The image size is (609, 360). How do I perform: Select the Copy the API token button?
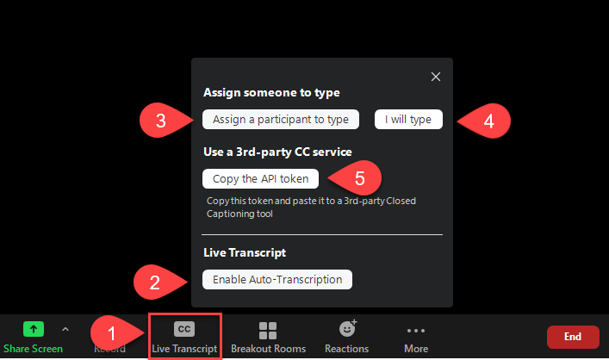point(261,178)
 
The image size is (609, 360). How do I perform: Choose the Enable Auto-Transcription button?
point(277,279)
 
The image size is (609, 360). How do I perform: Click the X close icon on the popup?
point(436,77)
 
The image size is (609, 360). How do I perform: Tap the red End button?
point(573,336)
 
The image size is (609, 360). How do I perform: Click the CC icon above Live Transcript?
point(184,329)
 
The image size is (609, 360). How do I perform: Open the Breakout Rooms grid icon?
point(268,330)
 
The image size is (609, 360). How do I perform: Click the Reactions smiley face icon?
point(347,329)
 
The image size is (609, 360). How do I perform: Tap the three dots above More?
point(416,330)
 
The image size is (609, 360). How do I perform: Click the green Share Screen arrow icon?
point(33,329)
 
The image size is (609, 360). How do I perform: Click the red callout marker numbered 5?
point(359,180)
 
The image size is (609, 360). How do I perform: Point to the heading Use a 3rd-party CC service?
point(277,152)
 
